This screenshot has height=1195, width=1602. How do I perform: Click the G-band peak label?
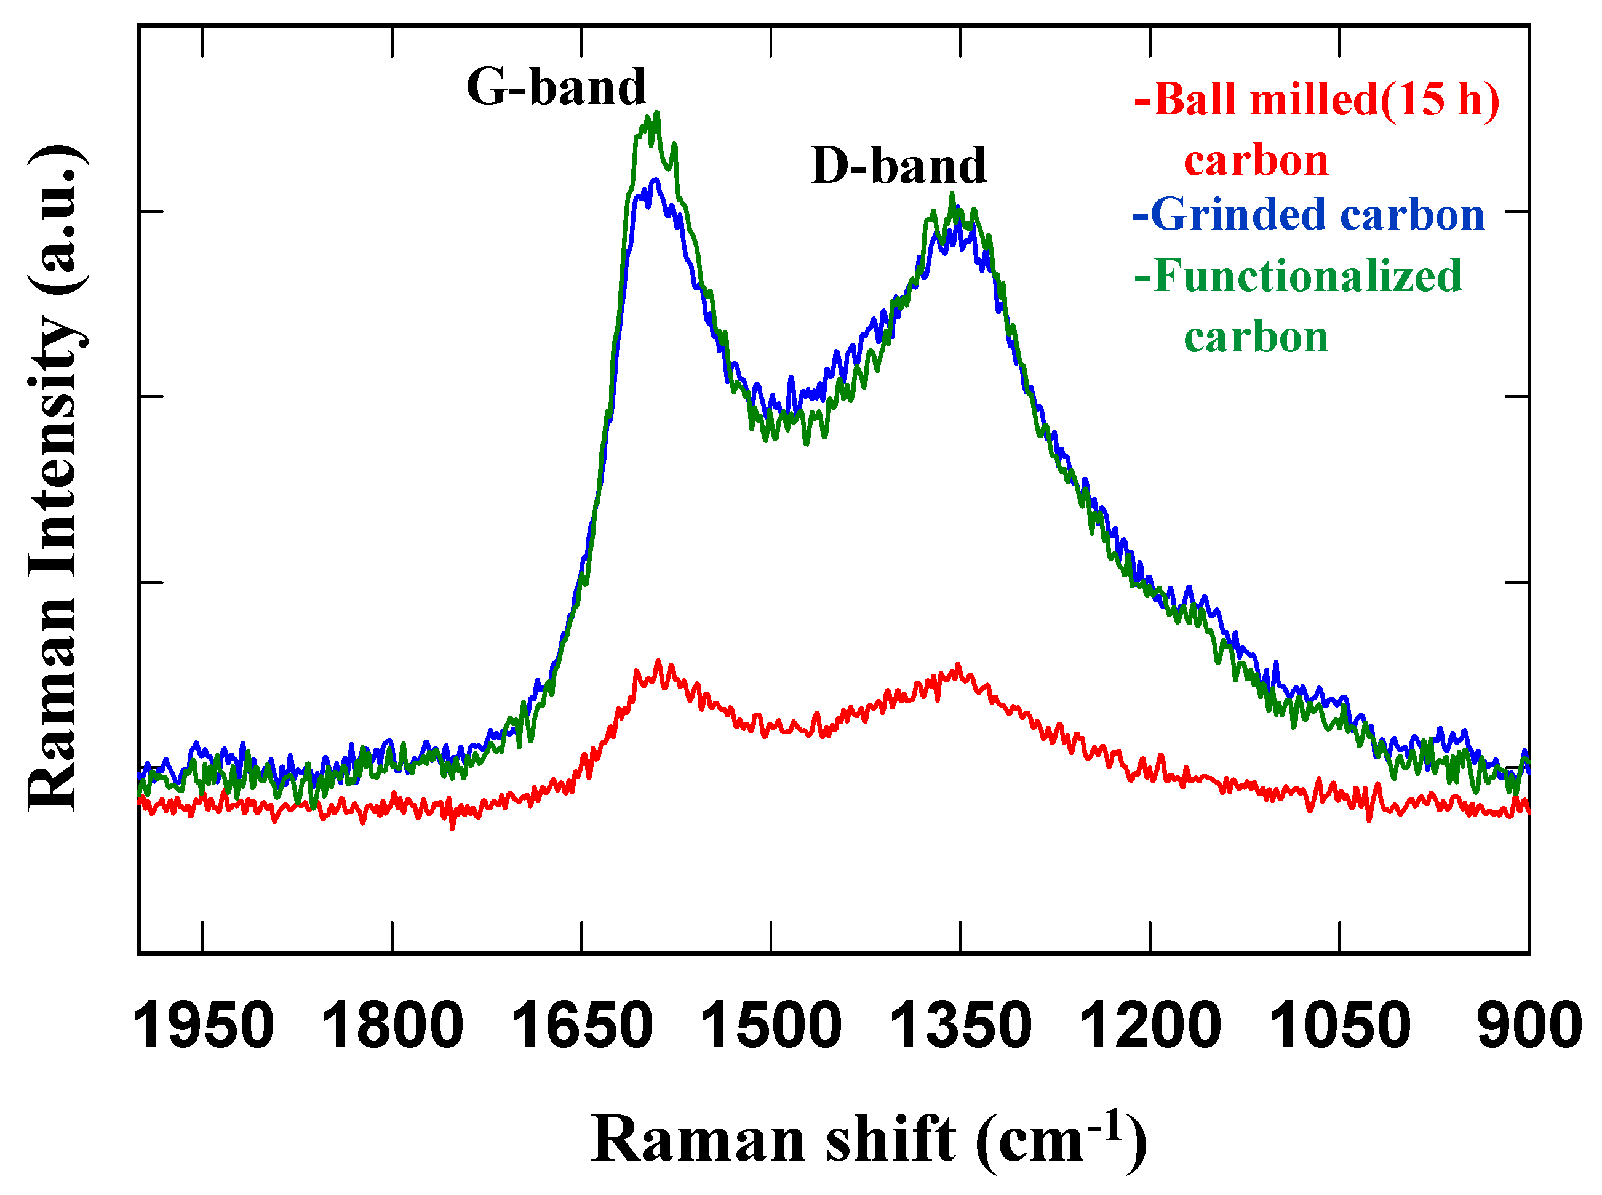click(x=555, y=87)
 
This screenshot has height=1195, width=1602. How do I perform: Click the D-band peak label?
click(x=898, y=166)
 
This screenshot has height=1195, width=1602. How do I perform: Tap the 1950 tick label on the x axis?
click(x=203, y=1026)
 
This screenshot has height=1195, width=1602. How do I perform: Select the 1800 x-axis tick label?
click(x=392, y=1026)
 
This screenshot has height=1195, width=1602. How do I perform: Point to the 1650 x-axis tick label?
click(x=581, y=1026)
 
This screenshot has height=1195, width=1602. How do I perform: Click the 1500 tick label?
click(x=771, y=1026)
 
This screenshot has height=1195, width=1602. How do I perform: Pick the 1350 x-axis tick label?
click(x=960, y=1026)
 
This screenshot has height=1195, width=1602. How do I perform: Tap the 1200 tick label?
click(x=1150, y=1026)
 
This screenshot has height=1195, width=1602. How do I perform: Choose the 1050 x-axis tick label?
click(x=1339, y=1026)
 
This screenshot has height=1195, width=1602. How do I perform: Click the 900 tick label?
click(x=1529, y=1026)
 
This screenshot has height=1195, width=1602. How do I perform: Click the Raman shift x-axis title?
click(x=869, y=1139)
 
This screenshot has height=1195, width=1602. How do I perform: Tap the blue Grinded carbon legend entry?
click(x=1308, y=215)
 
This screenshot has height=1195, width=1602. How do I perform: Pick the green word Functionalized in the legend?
click(x=1299, y=276)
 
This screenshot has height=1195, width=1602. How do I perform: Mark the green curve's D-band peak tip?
click(x=952, y=194)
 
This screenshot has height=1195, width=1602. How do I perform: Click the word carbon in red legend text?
click(x=1256, y=160)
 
